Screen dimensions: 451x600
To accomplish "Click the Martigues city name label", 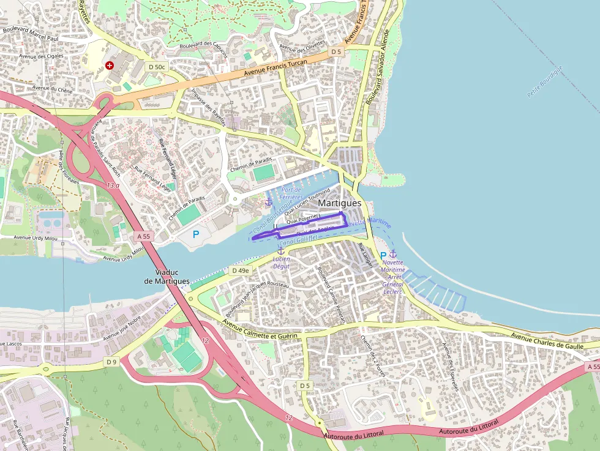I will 340,203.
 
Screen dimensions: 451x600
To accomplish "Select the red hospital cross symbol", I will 110,65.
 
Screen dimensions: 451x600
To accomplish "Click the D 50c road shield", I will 156,65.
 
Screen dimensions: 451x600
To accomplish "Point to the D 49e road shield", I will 240,270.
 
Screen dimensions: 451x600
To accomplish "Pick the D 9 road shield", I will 111,362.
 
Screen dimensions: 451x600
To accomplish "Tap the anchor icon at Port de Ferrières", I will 268,201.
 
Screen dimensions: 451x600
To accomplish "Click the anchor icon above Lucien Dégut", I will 281,250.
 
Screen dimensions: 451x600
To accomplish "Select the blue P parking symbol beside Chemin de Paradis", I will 196,234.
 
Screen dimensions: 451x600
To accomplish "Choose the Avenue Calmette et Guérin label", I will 260,330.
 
